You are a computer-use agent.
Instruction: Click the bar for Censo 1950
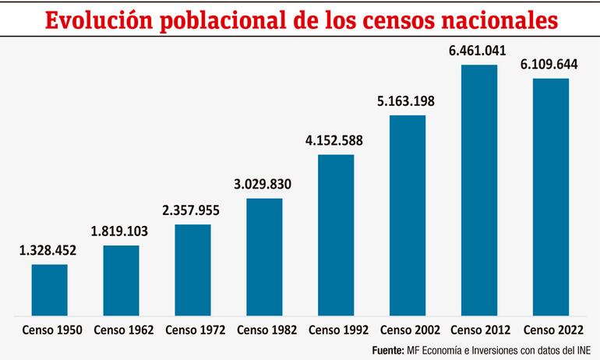coord(49,289)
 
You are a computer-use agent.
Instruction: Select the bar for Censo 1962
coord(121,280)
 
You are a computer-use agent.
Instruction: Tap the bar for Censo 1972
coord(192,270)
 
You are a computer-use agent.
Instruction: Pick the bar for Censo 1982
coord(264,256)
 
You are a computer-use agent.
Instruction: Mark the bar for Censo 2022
coord(550,196)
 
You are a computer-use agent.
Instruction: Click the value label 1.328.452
coord(49,250)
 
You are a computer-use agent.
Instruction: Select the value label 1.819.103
coord(121,231)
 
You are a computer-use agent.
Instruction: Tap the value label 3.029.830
coord(264,185)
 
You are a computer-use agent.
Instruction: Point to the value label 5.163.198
coord(408,101)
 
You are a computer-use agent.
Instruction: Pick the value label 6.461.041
coord(478,51)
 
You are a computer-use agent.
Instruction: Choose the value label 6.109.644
coord(550,65)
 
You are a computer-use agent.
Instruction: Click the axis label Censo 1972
coord(192,330)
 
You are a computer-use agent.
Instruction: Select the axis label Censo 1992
coord(336,330)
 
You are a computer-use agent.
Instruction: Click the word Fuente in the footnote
coord(386,350)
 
